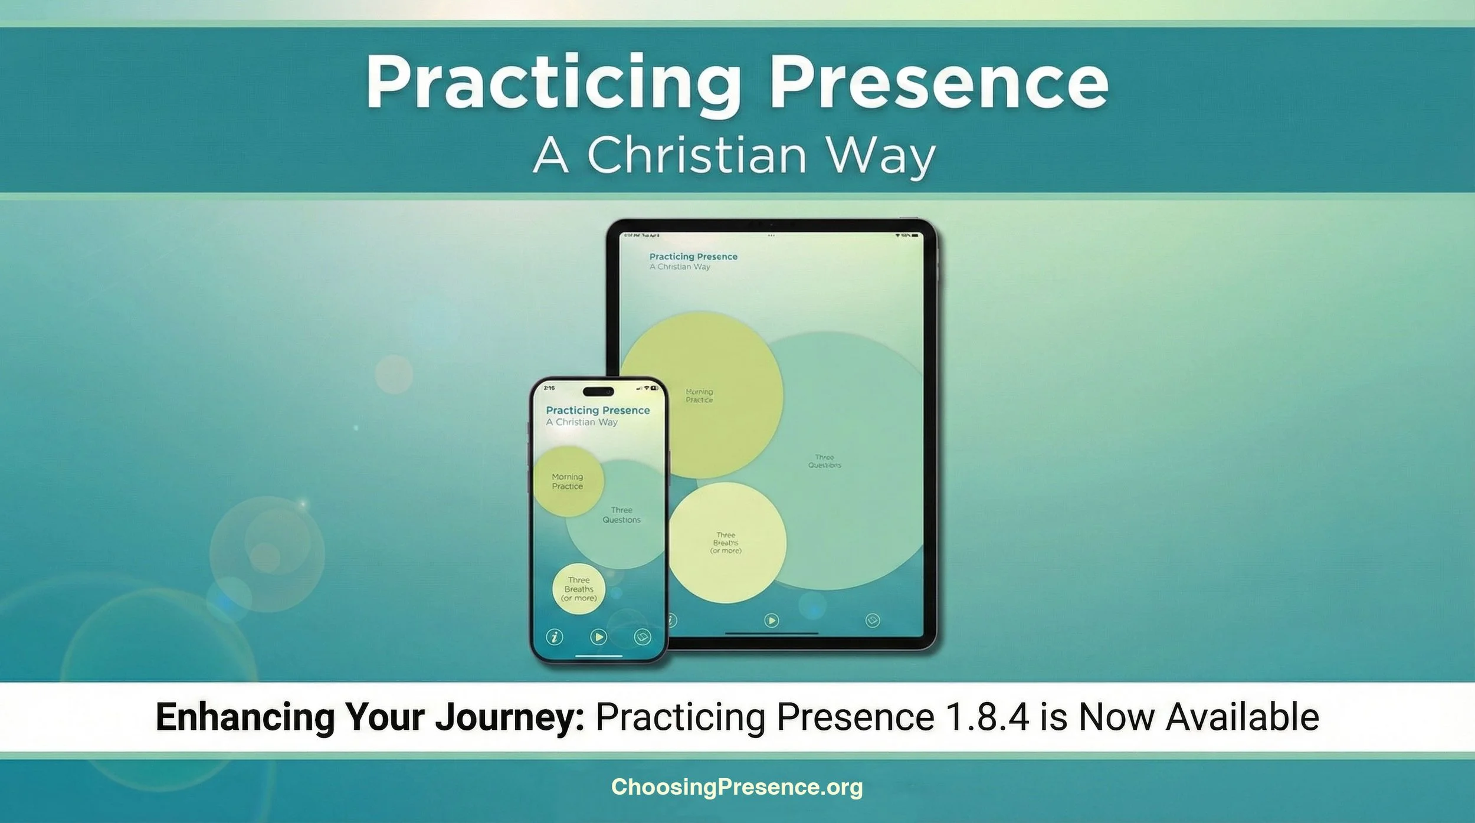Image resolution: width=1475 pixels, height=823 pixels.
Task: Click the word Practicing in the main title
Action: pos(552,83)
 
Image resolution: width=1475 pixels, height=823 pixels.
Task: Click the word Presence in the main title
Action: pos(938,83)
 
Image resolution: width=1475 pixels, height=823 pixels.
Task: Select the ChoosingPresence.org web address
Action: pos(737,787)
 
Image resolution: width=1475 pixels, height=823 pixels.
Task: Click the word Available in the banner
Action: pos(1242,717)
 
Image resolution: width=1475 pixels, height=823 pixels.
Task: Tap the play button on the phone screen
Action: pos(598,637)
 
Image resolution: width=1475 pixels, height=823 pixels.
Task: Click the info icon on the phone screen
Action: pos(554,637)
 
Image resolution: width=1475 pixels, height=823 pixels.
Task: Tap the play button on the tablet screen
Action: pos(771,620)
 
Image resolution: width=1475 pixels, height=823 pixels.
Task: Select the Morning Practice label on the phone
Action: pos(568,481)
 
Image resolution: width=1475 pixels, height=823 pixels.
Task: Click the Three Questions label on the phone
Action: pos(621,514)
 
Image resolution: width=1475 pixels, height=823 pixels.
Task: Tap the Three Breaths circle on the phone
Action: pos(579,589)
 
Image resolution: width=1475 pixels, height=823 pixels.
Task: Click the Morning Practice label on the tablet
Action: pos(699,395)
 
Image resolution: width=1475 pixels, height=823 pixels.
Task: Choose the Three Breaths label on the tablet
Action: pos(726,543)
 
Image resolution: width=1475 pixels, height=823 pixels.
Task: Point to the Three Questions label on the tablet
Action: pos(824,461)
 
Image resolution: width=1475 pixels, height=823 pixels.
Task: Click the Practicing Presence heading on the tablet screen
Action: pos(693,257)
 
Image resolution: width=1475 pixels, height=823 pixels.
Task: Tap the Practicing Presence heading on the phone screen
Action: pos(598,410)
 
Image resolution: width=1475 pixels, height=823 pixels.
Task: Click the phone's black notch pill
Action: pos(598,392)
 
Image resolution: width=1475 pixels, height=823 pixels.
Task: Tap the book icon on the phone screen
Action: pos(642,637)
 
